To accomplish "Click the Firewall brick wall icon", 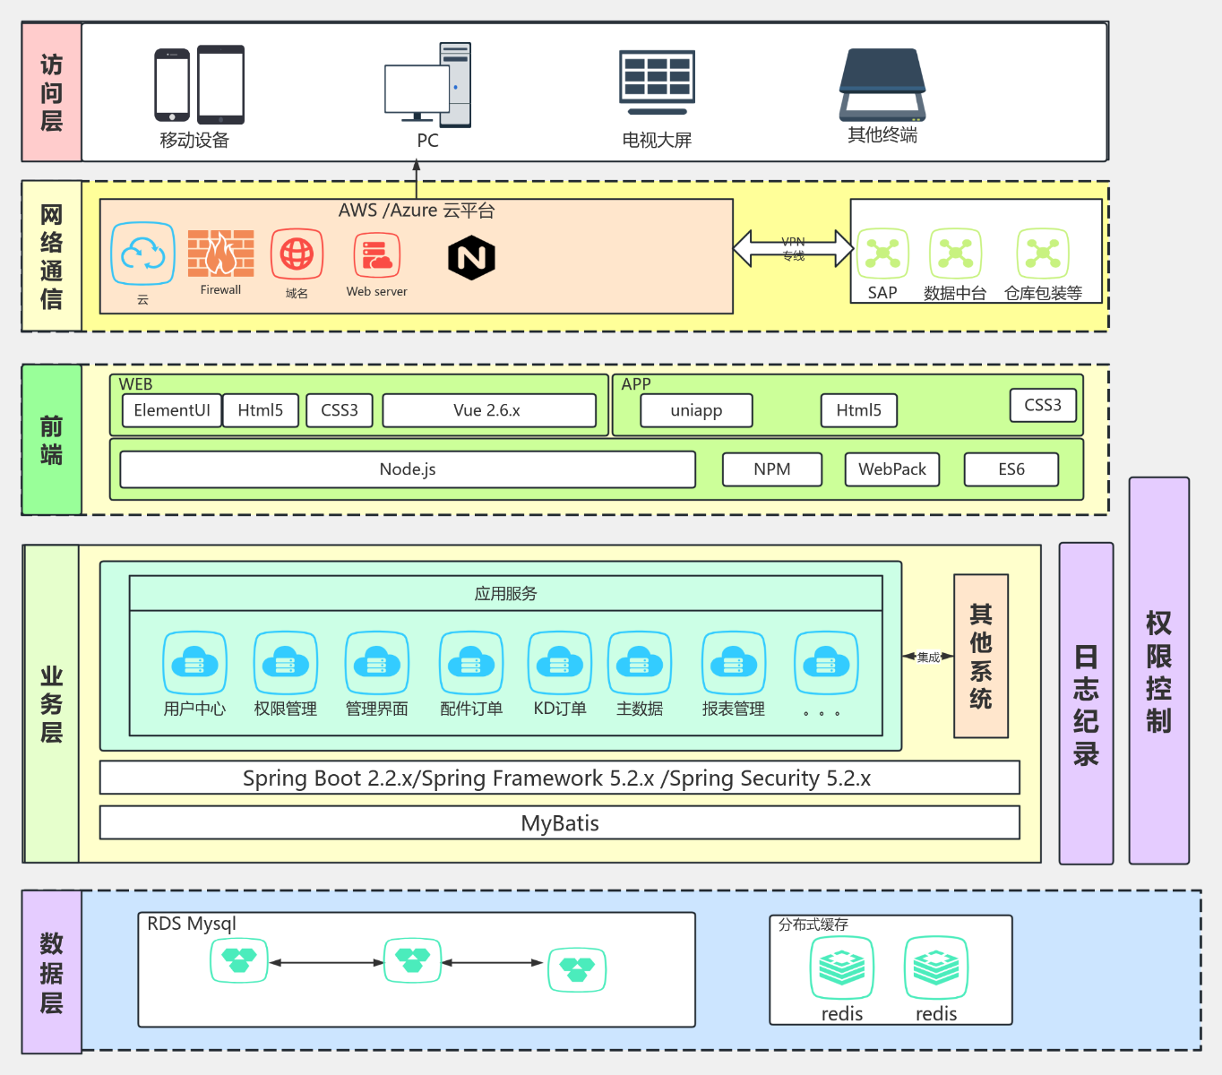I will [x=220, y=254].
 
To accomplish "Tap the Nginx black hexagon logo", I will [x=471, y=258].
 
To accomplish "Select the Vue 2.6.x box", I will [x=488, y=410].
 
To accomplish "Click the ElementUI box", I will [x=171, y=410].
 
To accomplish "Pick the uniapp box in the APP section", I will [x=696, y=410].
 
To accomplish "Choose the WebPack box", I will [x=891, y=469].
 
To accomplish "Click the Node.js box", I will [x=408, y=469].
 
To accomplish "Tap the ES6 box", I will [x=1011, y=469].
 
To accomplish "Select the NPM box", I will [x=771, y=469].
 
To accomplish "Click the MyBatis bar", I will [x=559, y=822].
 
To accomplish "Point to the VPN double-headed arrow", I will [x=793, y=249].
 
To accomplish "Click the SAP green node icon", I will [x=882, y=254].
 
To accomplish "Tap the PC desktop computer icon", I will [x=428, y=86].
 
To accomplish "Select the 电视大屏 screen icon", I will [x=657, y=82].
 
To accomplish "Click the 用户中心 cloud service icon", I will [x=194, y=663].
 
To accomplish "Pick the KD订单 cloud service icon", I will [x=559, y=663].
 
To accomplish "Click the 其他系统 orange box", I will [x=981, y=656].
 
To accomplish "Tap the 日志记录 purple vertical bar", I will [x=1086, y=703].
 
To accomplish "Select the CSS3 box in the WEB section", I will [x=340, y=410].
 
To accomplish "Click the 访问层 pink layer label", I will [x=52, y=92].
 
